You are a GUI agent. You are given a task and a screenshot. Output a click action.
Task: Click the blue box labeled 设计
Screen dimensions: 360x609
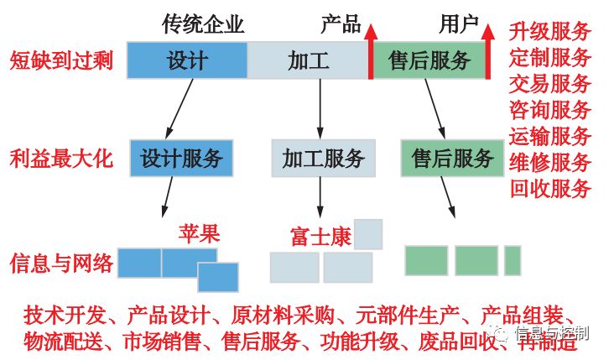pyautogui.click(x=187, y=60)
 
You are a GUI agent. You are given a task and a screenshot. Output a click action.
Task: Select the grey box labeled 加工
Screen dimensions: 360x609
pyautogui.click(x=308, y=60)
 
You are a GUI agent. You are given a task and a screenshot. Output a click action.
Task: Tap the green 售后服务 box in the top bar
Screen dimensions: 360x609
pyautogui.click(x=429, y=60)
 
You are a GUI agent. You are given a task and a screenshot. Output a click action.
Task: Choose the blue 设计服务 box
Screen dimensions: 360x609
pyautogui.click(x=181, y=158)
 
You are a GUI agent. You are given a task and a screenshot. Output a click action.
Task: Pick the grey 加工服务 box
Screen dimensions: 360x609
pyautogui.click(x=323, y=158)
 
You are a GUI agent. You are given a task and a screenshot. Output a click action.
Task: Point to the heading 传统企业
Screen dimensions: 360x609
pyautogui.click(x=202, y=24)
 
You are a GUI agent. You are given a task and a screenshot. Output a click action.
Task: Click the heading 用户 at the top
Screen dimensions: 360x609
pyautogui.click(x=459, y=24)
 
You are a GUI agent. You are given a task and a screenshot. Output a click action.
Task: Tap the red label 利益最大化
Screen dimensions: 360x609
pyautogui.click(x=61, y=158)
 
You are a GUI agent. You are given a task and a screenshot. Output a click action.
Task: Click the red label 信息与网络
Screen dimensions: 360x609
pyautogui.click(x=61, y=264)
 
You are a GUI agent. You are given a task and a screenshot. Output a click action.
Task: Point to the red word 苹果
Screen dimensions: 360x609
pyautogui.click(x=199, y=234)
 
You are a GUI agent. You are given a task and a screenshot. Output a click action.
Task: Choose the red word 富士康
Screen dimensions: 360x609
pyautogui.click(x=319, y=236)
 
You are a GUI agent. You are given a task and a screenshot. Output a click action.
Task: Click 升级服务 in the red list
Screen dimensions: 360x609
pyautogui.click(x=550, y=32)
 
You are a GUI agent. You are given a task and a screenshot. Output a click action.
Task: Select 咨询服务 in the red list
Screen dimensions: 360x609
pyautogui.click(x=550, y=110)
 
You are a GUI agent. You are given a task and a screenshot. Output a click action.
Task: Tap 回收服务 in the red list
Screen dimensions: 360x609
pyautogui.click(x=550, y=188)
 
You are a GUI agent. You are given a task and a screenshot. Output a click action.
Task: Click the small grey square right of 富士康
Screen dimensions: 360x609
pyautogui.click(x=368, y=234)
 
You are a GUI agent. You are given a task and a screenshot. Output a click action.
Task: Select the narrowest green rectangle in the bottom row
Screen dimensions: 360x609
pyautogui.click(x=513, y=260)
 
